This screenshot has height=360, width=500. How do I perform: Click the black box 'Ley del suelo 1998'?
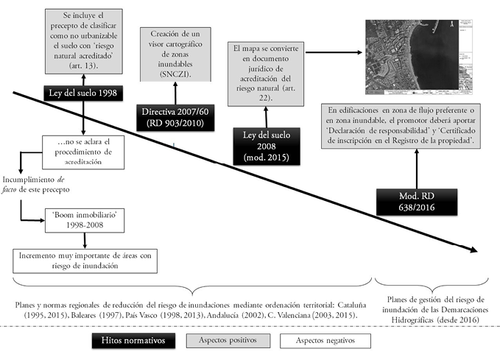(82, 93)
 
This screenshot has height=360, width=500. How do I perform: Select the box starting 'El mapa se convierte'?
(269, 73)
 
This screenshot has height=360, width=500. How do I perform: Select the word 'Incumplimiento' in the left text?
(29, 179)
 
